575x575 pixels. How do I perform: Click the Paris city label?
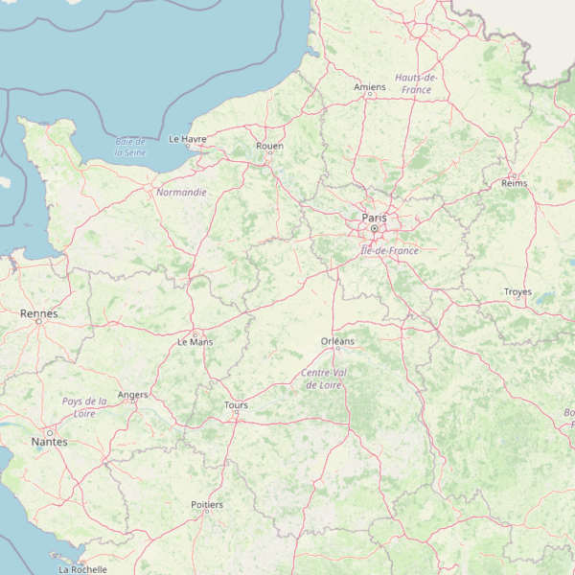pyautogui.click(x=375, y=218)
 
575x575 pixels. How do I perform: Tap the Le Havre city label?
pyautogui.click(x=188, y=139)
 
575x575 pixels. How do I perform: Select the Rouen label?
pyautogui.click(x=270, y=146)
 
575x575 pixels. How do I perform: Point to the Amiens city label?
pyautogui.click(x=370, y=87)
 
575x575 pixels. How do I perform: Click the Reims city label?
pyautogui.click(x=515, y=183)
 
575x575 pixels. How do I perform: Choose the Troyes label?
pyautogui.click(x=517, y=292)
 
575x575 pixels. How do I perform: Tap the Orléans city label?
pyautogui.click(x=337, y=341)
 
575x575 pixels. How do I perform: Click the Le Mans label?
pyautogui.click(x=195, y=341)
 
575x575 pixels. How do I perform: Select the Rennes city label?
pyautogui.click(x=38, y=313)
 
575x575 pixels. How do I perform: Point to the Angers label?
pyautogui.click(x=132, y=395)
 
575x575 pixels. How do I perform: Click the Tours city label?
pyautogui.click(x=236, y=405)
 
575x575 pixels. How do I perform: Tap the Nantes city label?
pyautogui.click(x=50, y=442)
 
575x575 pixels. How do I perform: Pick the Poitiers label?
pyautogui.click(x=207, y=504)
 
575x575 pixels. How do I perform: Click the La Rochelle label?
pyautogui.click(x=82, y=569)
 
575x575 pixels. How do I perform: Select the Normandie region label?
pyautogui.click(x=181, y=193)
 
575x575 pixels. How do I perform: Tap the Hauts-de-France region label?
pyautogui.click(x=417, y=83)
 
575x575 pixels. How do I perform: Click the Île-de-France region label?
pyautogui.click(x=390, y=251)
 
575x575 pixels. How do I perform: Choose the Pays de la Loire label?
pyautogui.click(x=84, y=407)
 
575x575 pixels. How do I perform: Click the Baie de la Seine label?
pyautogui.click(x=130, y=147)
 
